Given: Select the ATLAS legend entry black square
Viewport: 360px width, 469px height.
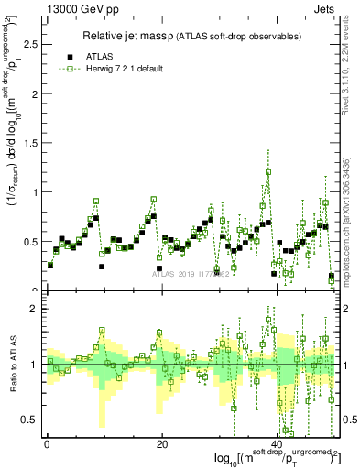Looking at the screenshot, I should pos(71,55).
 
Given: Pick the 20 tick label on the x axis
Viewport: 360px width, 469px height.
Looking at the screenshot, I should pos(162,443).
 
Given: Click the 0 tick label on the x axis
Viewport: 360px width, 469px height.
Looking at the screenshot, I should pos(47,443).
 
